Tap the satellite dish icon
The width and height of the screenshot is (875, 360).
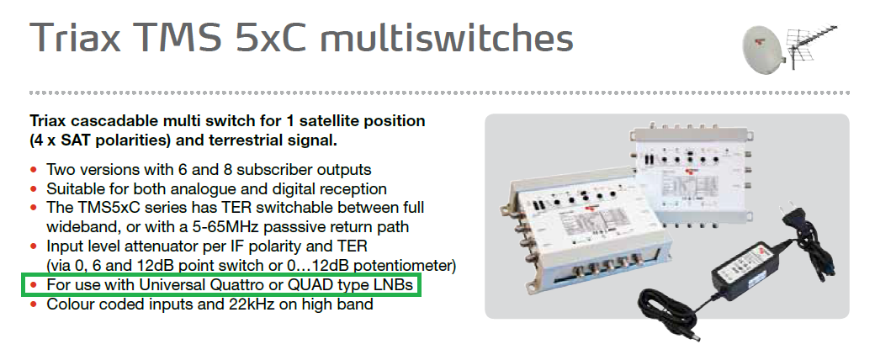click(x=762, y=49)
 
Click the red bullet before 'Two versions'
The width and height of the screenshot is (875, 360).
click(x=34, y=169)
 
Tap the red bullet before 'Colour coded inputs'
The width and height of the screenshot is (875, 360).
click(x=34, y=304)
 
